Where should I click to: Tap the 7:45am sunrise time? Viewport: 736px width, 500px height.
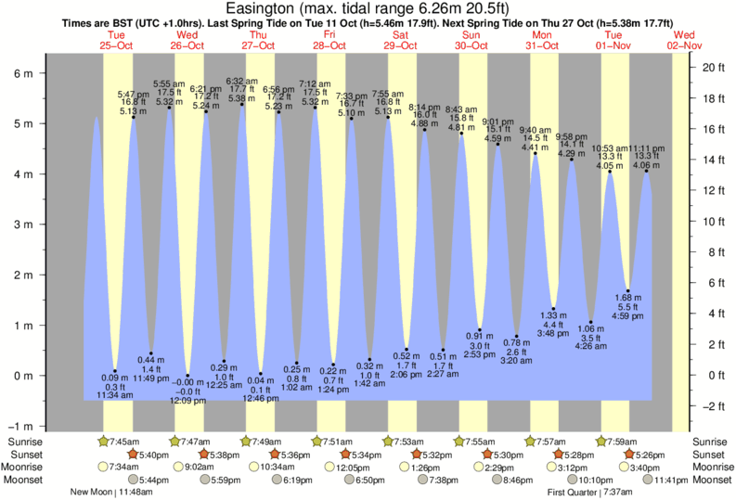pyautogui.click(x=123, y=441)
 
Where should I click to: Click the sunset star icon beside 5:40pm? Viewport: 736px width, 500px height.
pyautogui.click(x=134, y=454)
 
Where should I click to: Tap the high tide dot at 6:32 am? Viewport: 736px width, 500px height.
pyautogui.click(x=242, y=104)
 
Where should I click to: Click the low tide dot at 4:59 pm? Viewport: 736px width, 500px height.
pyautogui.click(x=627, y=290)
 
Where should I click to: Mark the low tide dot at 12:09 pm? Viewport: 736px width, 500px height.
pyautogui.click(x=187, y=375)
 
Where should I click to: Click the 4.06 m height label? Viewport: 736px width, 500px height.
pyautogui.click(x=646, y=165)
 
